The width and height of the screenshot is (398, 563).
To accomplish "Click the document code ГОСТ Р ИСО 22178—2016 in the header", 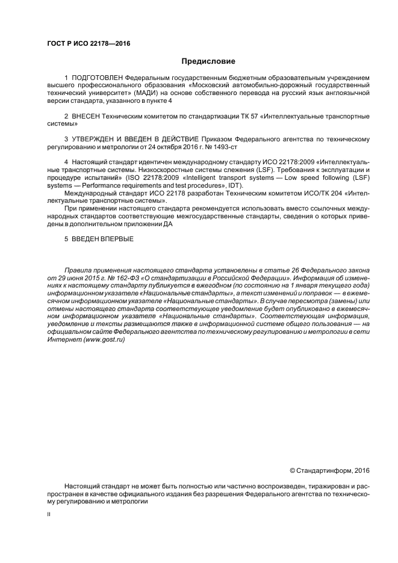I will (89, 44).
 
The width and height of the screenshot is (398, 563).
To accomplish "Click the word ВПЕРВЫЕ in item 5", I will (118, 239).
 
